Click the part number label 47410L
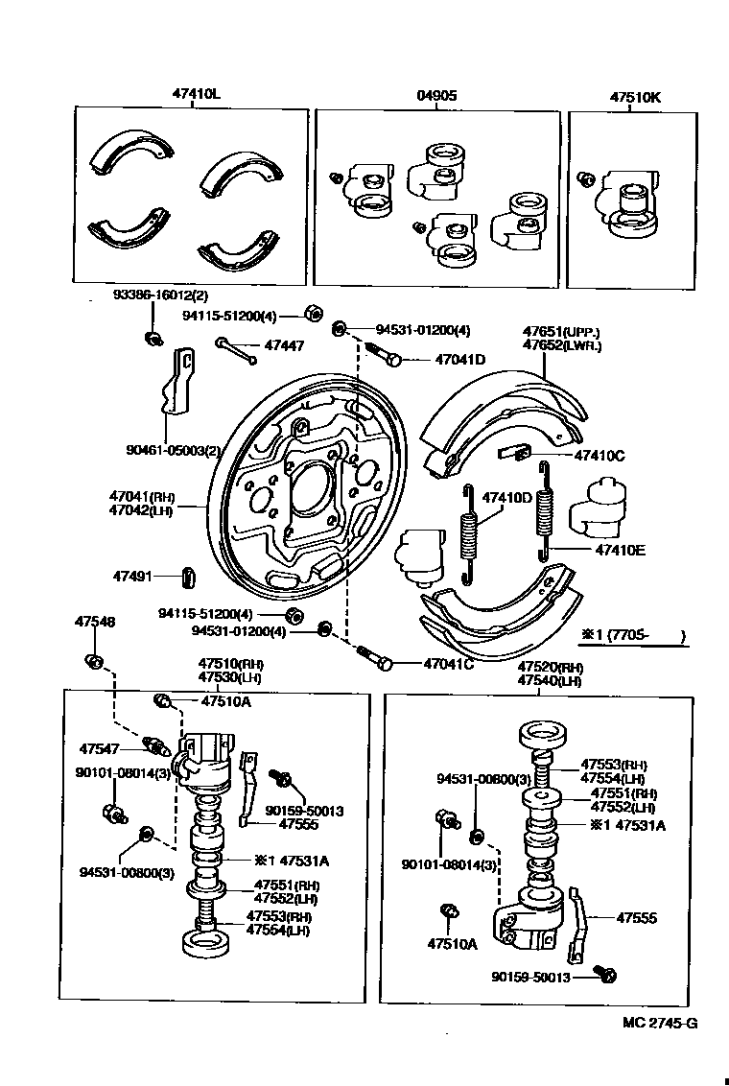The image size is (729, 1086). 197,95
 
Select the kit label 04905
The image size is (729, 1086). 436,95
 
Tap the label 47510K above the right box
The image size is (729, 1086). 635,95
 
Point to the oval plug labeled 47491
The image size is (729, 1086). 188,577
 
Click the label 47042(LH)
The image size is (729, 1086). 141,512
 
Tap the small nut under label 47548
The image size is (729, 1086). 94,661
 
